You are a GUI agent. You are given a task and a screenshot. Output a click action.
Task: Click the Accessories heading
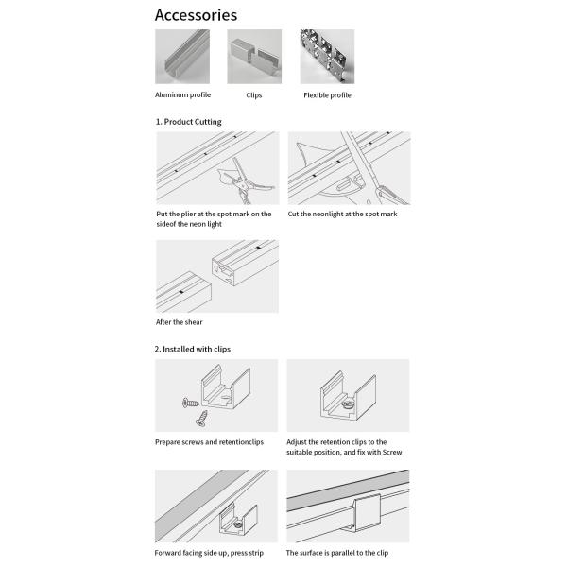pyautogui.click(x=196, y=15)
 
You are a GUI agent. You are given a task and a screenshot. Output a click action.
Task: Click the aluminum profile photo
pyautogui.click(x=182, y=57)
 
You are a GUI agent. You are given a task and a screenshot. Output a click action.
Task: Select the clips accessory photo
pyautogui.click(x=254, y=57)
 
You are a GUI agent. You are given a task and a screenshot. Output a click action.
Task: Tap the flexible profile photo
pyautogui.click(x=327, y=57)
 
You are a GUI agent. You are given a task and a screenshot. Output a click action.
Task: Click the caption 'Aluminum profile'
pyautogui.click(x=182, y=95)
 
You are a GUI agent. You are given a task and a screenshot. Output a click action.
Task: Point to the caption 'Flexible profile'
pyautogui.click(x=327, y=95)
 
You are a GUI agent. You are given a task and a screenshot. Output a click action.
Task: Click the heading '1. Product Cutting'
pyautogui.click(x=188, y=122)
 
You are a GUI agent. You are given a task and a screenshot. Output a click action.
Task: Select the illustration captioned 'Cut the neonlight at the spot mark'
pyautogui.click(x=349, y=168)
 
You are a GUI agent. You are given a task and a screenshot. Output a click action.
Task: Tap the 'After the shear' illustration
pyautogui.click(x=216, y=276)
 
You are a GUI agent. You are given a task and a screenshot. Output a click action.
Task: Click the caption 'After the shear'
pyautogui.click(x=179, y=322)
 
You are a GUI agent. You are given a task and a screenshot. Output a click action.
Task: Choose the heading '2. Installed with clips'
pyautogui.click(x=192, y=349)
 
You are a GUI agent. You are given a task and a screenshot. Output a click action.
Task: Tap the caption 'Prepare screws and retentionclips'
pyautogui.click(x=209, y=441)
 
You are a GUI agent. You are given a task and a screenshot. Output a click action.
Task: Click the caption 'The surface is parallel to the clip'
pyautogui.click(x=337, y=553)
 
